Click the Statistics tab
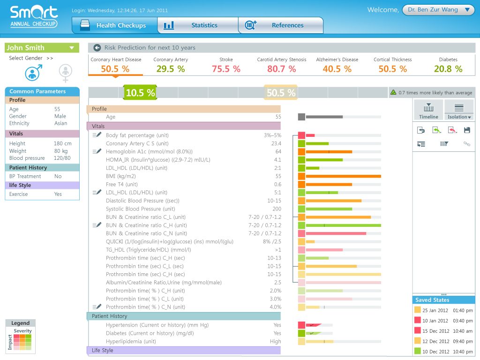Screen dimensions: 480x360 pyautogui.click(x=198, y=25)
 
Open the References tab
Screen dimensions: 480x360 pyautogui.click(x=281, y=25)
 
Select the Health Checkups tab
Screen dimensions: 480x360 pyautogui.click(x=115, y=25)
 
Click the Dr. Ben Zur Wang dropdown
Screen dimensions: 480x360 pyautogui.click(x=438, y=10)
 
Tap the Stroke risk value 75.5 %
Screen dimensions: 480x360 pyautogui.click(x=226, y=69)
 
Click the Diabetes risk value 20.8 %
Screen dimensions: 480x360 pyautogui.click(x=448, y=69)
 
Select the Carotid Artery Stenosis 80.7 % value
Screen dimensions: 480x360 pyautogui.click(x=282, y=69)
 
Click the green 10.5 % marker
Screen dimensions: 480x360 pyautogui.click(x=140, y=92)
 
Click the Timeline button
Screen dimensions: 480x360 pyautogui.click(x=428, y=111)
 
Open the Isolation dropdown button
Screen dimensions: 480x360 pyautogui.click(x=459, y=111)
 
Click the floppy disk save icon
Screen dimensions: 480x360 pyautogui.click(x=467, y=130)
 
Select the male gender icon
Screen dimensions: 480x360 pyautogui.click(x=33, y=73)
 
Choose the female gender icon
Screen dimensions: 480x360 pyautogui.click(x=65, y=73)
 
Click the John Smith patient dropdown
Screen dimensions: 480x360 pyautogui.click(x=42, y=48)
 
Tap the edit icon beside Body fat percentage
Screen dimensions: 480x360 pyautogui.click(x=97, y=135)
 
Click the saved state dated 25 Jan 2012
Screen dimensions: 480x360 pyautogui.click(x=443, y=310)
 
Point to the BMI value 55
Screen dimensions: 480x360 pyautogui.click(x=278, y=176)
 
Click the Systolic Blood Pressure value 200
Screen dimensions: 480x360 pyautogui.click(x=277, y=209)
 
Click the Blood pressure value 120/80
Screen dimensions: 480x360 pyautogui.click(x=62, y=158)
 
